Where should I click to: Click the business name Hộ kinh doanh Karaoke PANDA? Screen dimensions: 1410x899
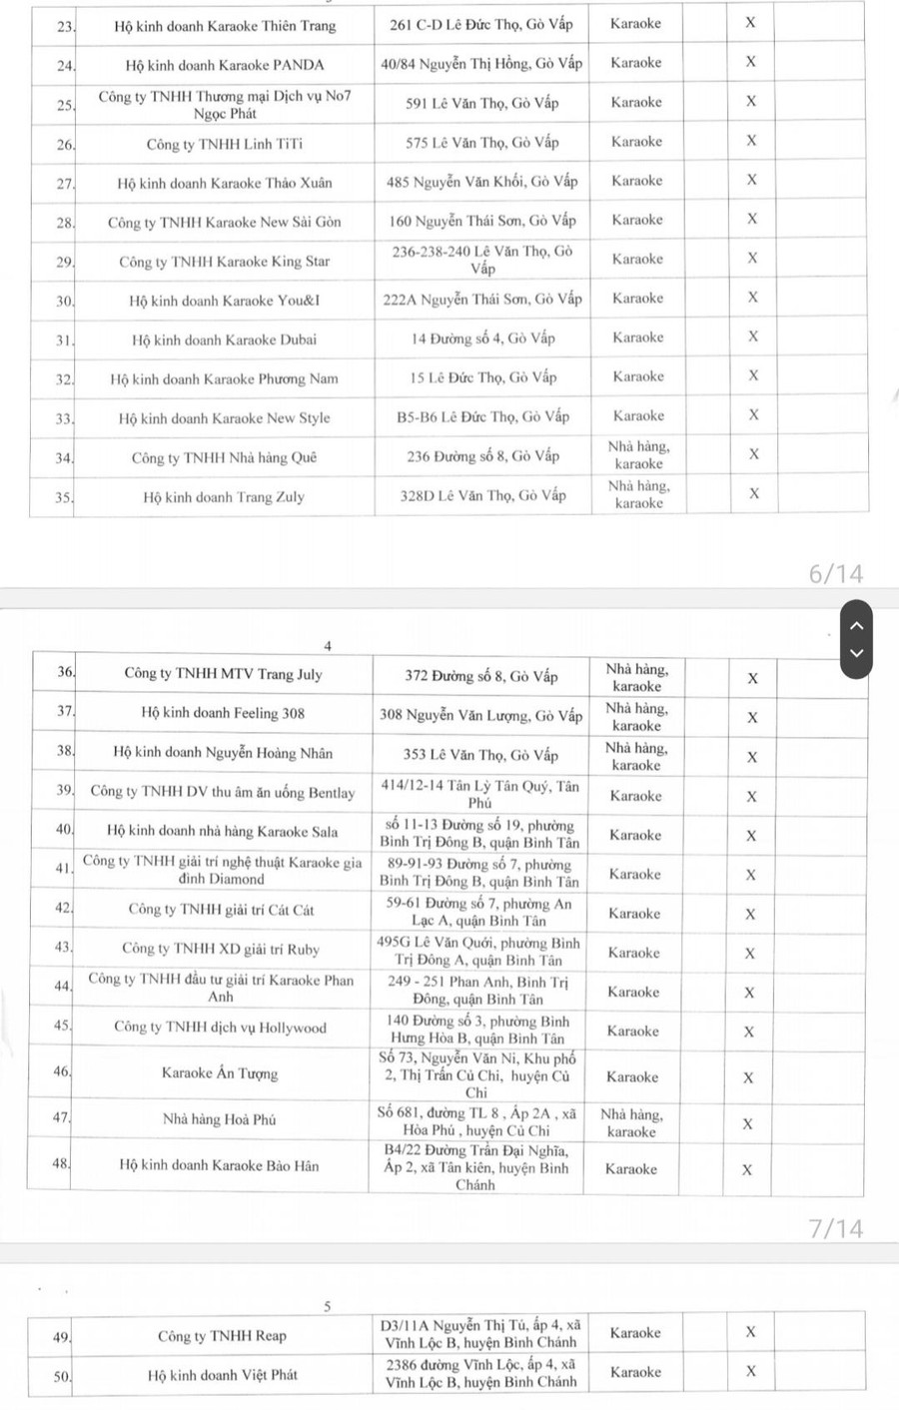225,65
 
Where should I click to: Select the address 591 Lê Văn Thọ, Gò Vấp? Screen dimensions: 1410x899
481,103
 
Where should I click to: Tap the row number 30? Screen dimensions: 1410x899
65,301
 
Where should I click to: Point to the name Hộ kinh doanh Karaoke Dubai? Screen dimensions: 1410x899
224,340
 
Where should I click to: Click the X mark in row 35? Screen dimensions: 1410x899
754,493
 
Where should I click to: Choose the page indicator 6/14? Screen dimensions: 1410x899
835,573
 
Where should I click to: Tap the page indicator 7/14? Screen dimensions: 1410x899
835,1228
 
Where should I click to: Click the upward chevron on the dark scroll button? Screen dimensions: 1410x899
856,626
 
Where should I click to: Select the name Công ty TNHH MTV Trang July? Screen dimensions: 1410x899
223,674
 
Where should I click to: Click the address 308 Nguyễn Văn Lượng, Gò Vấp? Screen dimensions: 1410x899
480,715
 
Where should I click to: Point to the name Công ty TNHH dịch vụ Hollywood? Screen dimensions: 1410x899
220,1027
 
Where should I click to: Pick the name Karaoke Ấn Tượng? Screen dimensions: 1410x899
220,1073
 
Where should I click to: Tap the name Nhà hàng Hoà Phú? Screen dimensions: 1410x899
219,1119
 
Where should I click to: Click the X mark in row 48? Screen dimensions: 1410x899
747,1169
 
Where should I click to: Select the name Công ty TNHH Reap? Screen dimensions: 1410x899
222,1336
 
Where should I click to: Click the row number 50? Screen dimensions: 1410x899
62,1376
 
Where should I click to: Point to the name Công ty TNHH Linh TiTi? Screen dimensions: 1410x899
224,144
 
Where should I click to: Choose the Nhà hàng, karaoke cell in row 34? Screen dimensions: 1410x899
638,455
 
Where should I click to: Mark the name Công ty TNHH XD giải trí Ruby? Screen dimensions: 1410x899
220,949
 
